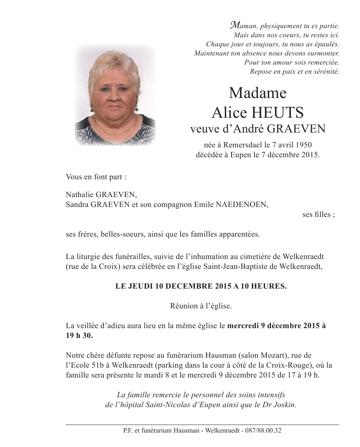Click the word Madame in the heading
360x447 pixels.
pos(257,93)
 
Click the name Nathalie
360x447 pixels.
pos(80,195)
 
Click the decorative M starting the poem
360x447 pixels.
pos(235,26)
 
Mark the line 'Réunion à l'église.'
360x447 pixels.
pos(201,306)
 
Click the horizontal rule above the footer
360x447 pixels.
pos(202,425)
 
